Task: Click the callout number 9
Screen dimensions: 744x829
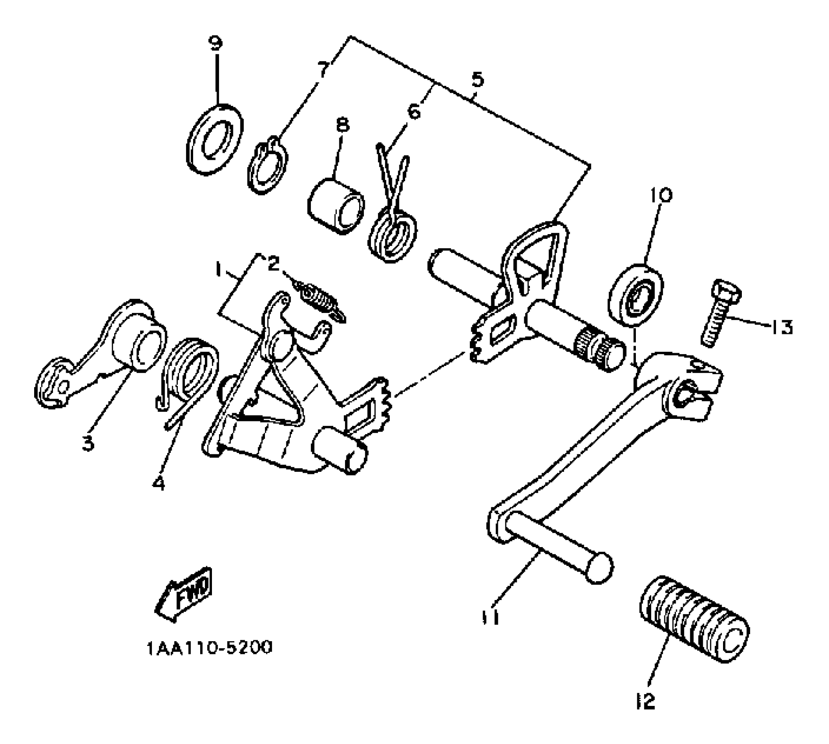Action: (215, 43)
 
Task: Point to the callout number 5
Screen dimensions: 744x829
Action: (477, 80)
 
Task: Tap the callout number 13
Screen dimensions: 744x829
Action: (781, 326)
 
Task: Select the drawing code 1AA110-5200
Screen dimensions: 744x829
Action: (209, 647)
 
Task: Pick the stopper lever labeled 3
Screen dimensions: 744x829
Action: (101, 354)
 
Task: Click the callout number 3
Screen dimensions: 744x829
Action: (88, 443)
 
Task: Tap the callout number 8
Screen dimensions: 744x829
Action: (342, 125)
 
